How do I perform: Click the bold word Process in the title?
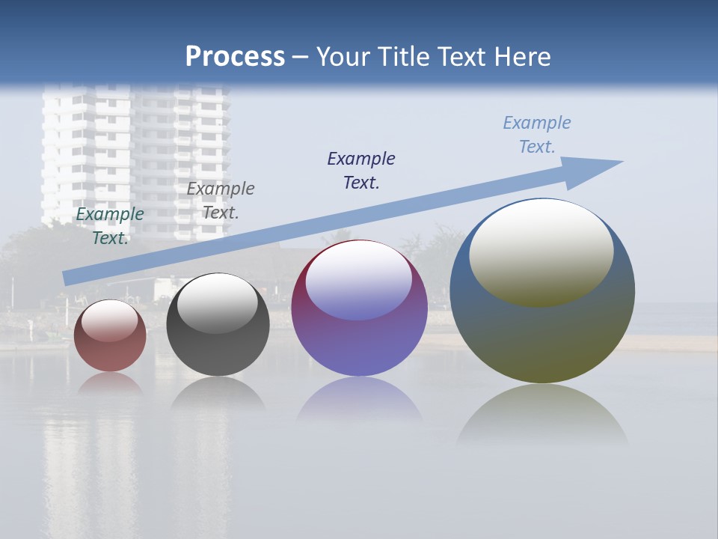[235, 57]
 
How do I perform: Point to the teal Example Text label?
[110, 226]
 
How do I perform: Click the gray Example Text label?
[221, 201]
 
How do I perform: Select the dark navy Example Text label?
[361, 171]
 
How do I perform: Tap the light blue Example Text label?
[537, 135]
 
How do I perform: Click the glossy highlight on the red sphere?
[109, 321]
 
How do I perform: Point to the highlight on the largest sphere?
[541, 252]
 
